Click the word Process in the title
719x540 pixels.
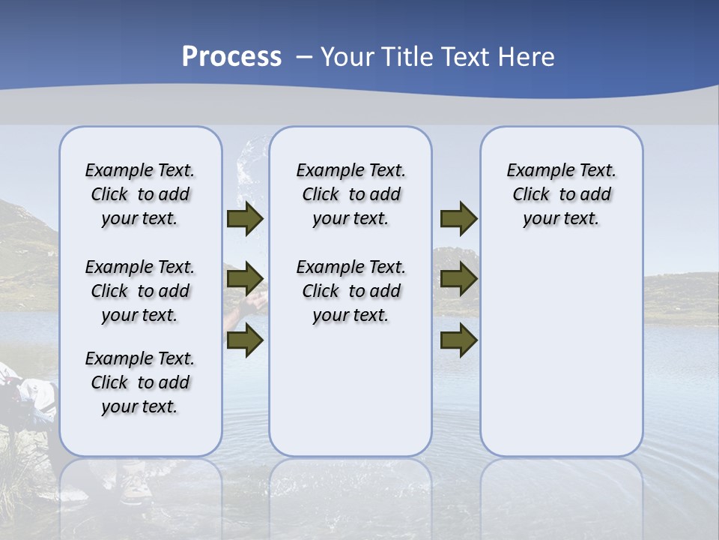pos(231,57)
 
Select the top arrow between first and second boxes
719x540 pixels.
pos(244,219)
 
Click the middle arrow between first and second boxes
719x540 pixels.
pos(244,280)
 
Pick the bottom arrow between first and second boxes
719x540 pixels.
pos(244,341)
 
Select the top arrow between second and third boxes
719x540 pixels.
pos(458,219)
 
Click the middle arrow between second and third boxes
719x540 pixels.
pos(458,280)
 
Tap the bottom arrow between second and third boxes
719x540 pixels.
pos(458,341)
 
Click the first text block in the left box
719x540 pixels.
pos(140,194)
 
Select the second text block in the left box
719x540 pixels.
pos(140,291)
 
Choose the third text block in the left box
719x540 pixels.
pos(140,382)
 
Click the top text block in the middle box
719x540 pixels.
pos(351,194)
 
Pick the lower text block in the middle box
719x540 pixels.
pos(351,291)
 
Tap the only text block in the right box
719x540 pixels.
pos(562,194)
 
